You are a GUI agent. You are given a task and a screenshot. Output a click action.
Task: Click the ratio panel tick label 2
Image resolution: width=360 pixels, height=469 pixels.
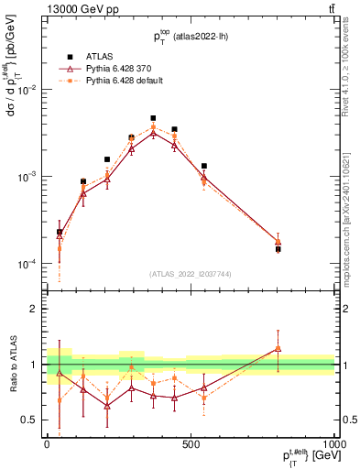click(34, 309)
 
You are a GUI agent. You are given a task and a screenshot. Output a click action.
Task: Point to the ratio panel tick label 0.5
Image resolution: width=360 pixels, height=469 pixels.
click(30, 420)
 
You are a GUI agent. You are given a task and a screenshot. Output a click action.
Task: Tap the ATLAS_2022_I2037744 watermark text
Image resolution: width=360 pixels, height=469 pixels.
click(190, 274)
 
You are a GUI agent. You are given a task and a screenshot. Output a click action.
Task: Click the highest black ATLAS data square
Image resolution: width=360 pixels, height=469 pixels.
click(153, 118)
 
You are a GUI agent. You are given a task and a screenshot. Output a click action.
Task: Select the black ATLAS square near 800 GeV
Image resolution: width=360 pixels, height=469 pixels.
click(278, 249)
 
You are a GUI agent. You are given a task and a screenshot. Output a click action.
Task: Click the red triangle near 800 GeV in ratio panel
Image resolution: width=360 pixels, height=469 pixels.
click(278, 348)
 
